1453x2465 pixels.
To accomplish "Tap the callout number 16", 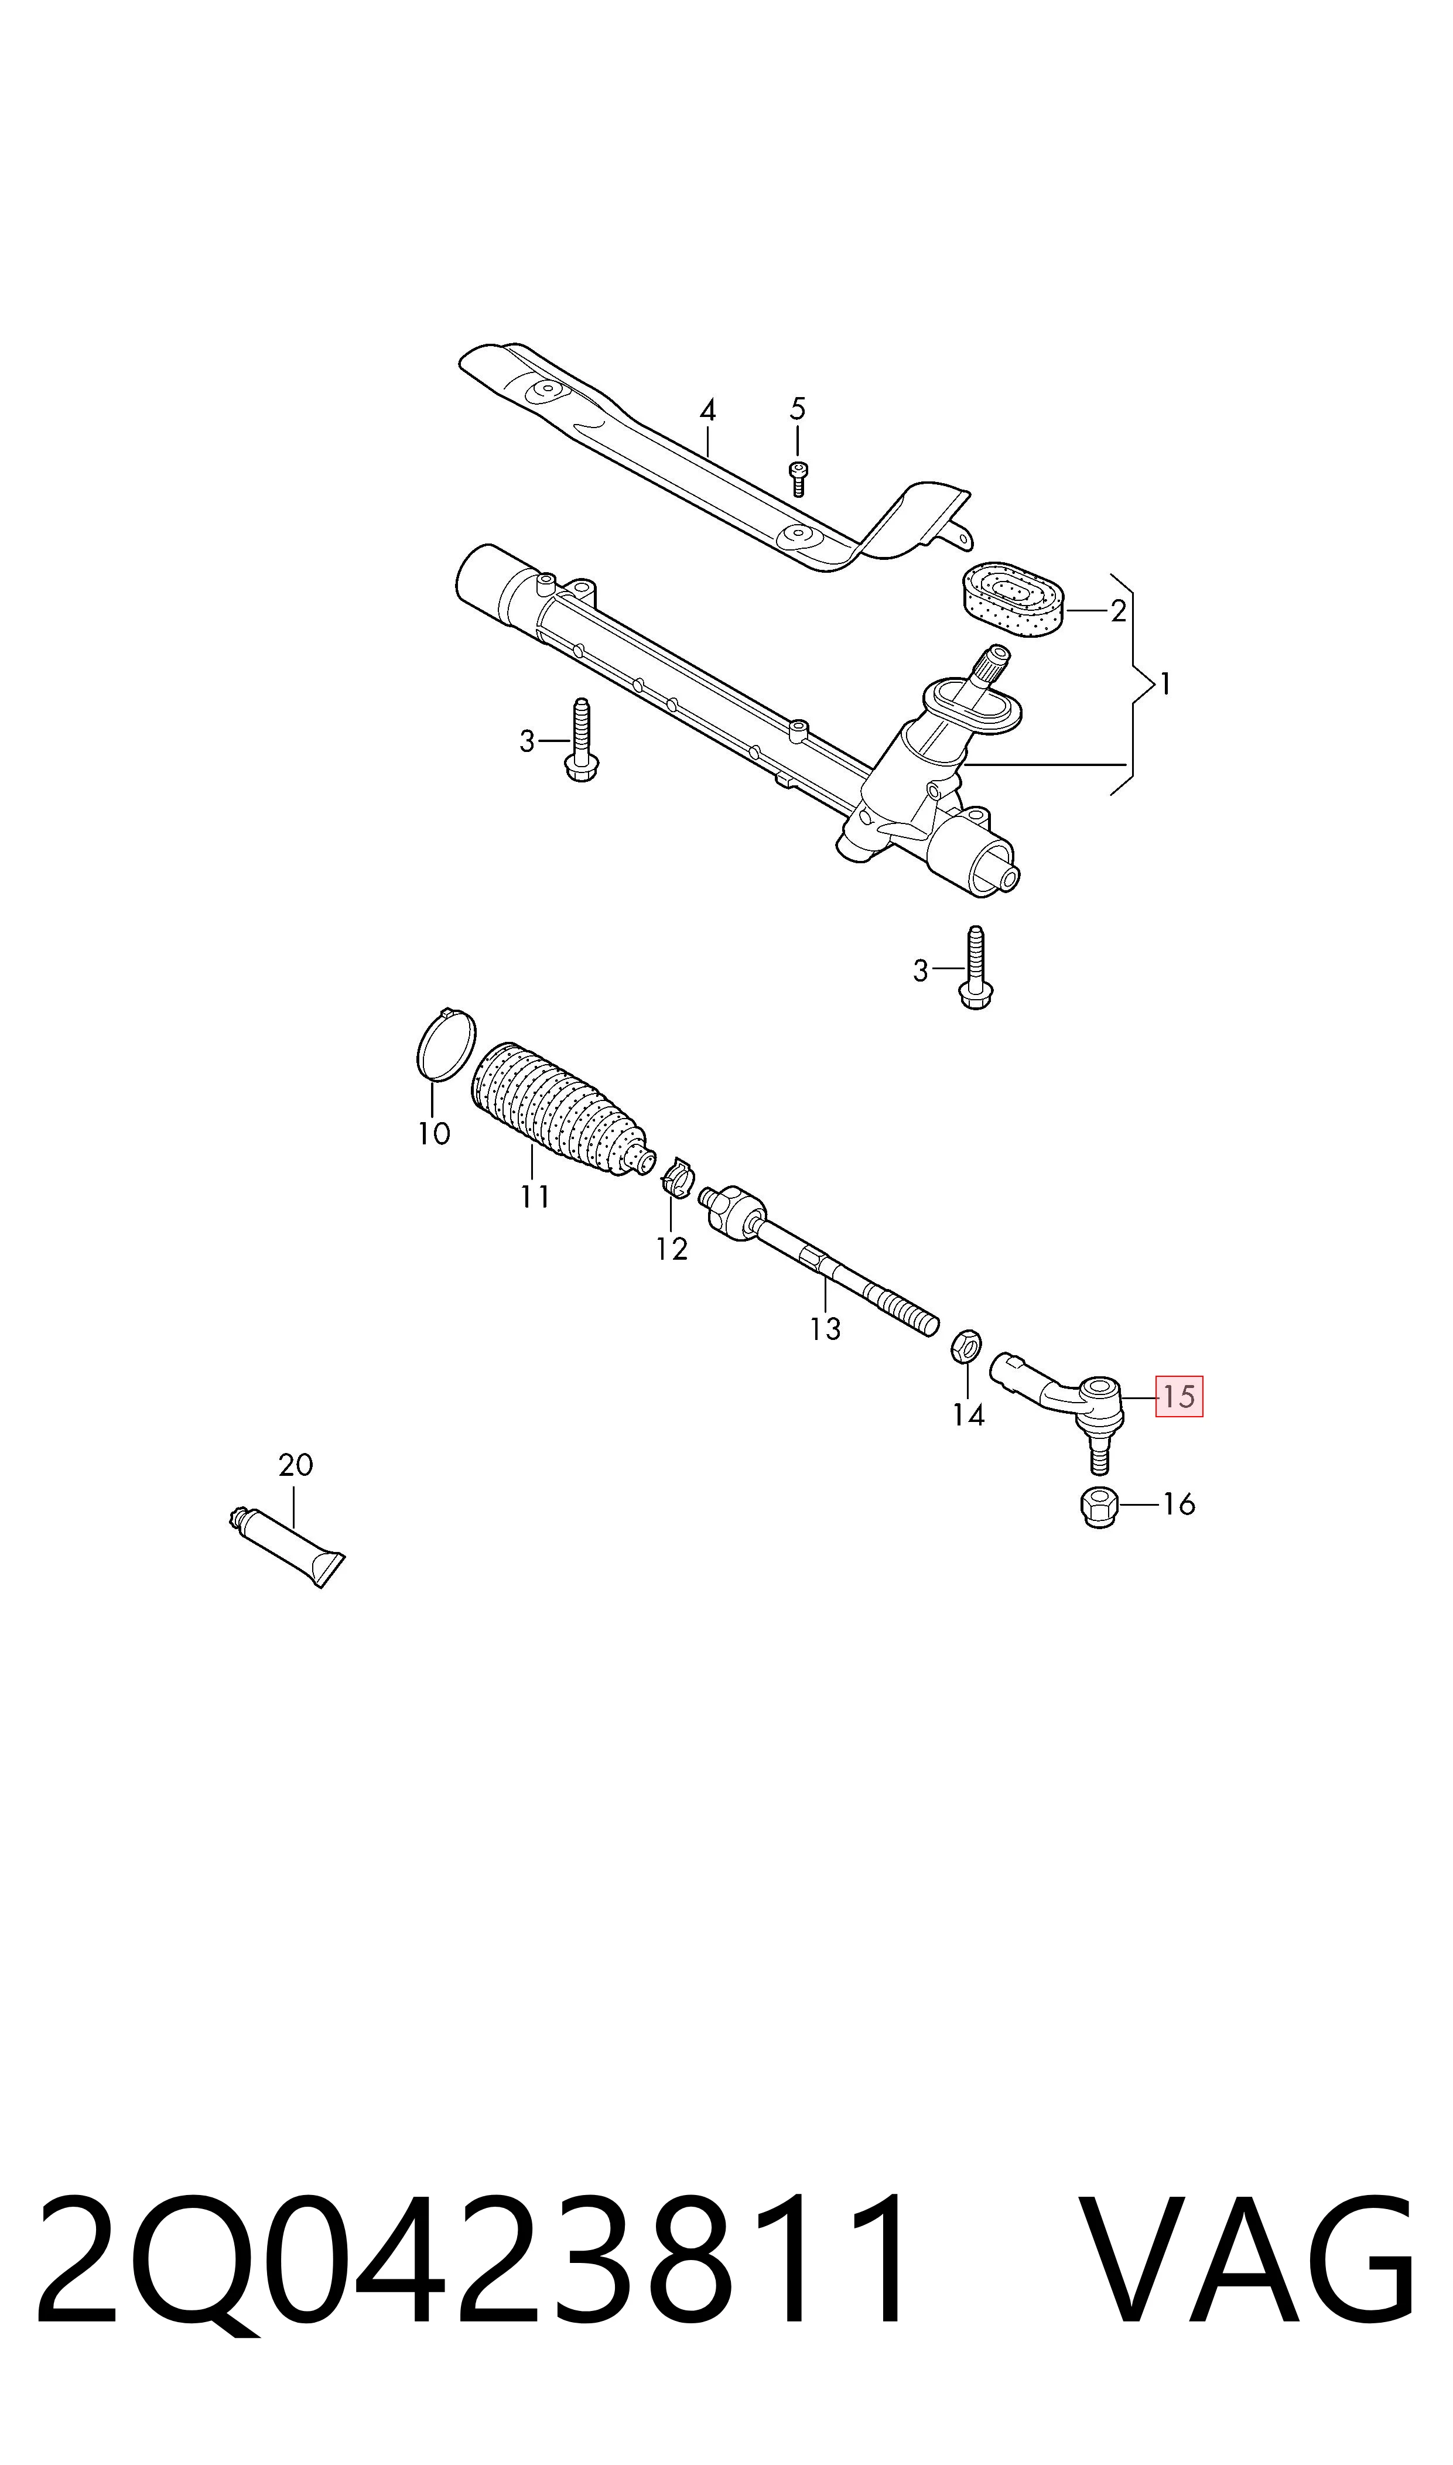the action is click(x=1179, y=1504).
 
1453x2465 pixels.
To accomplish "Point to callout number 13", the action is click(x=825, y=1328).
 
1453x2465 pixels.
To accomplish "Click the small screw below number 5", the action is click(x=798, y=478).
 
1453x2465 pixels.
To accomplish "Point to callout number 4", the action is click(x=708, y=410).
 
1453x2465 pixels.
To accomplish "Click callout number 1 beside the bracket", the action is click(x=1165, y=683).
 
